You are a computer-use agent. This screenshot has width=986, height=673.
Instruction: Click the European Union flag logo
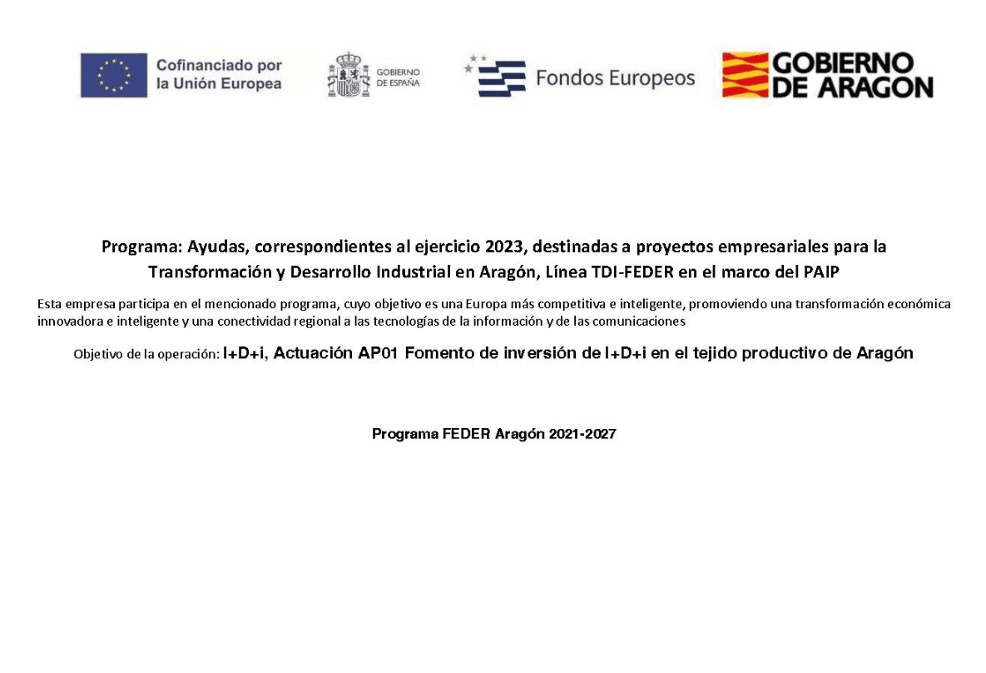click(x=114, y=75)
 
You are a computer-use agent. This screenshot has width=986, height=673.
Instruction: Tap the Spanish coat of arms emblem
click(x=348, y=75)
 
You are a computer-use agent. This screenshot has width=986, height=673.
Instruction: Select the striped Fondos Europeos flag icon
click(x=497, y=77)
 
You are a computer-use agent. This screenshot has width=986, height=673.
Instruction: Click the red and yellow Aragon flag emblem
click(x=743, y=75)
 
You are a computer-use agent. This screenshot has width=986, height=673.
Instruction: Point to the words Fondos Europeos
click(x=615, y=78)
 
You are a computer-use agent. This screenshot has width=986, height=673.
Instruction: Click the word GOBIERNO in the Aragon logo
click(x=843, y=63)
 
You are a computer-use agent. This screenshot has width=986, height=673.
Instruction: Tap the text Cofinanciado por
click(x=219, y=66)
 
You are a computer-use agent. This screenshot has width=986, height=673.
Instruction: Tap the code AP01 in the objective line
click(x=376, y=353)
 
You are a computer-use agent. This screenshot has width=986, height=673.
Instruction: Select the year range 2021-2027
click(x=582, y=434)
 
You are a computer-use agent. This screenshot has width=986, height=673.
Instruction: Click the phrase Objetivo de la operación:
click(x=146, y=354)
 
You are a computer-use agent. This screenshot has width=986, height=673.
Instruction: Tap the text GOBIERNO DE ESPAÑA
click(x=399, y=77)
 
